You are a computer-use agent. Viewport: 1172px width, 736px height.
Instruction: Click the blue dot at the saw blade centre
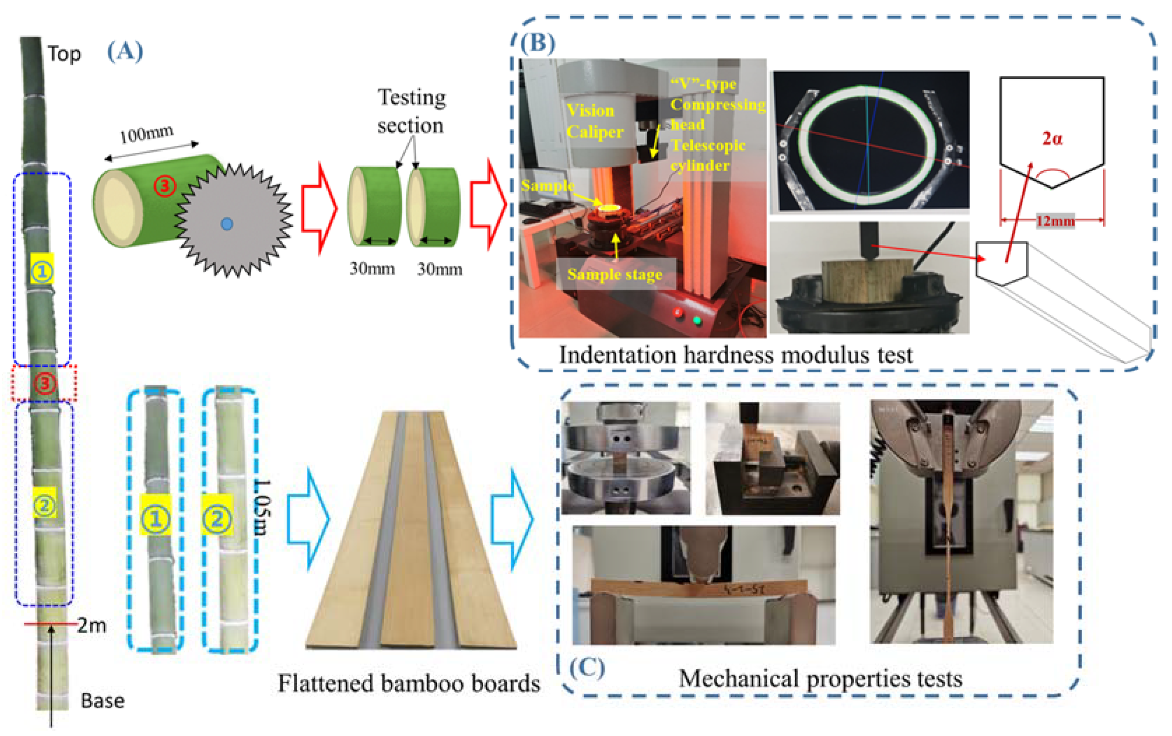227,224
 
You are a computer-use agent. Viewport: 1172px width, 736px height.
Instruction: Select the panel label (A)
125,51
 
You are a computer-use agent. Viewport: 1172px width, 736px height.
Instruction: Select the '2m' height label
92,626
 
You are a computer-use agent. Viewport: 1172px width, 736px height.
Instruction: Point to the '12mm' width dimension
1055,221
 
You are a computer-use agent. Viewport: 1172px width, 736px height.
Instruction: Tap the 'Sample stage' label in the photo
615,274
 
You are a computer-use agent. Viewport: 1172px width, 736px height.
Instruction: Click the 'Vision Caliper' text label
595,121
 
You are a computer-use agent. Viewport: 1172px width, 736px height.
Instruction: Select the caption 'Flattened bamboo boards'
409,684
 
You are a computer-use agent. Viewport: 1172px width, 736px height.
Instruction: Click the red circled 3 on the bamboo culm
44,383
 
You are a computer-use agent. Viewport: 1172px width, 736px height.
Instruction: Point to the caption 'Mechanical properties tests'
820,678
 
